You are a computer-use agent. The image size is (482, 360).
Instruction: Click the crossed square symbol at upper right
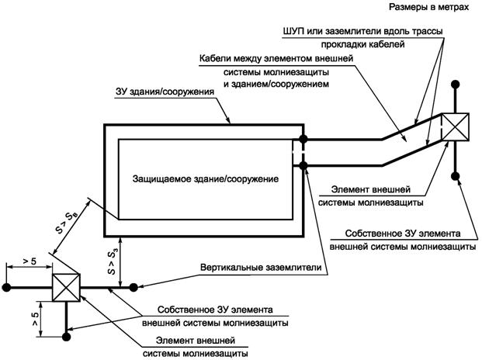(x=454, y=128)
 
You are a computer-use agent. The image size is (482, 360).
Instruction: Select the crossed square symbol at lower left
(x=68, y=287)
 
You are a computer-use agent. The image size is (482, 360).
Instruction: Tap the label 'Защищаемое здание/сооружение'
(x=201, y=178)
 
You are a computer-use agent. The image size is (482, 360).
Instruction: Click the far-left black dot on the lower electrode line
(x=6, y=287)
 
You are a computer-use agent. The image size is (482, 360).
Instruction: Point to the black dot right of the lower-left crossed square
(x=134, y=287)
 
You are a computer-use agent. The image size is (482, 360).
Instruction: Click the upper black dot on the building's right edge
(x=303, y=140)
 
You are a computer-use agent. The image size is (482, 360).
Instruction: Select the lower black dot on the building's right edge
(x=303, y=164)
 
